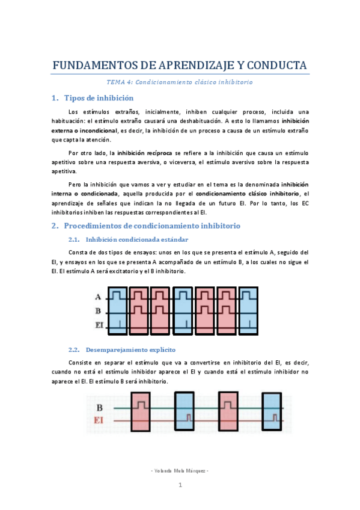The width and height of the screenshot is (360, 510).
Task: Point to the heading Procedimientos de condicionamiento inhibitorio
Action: pyautogui.click(x=152, y=226)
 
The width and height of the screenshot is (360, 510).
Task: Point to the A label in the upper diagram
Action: pyautogui.click(x=97, y=296)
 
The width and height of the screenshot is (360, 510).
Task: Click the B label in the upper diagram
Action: pyautogui.click(x=97, y=312)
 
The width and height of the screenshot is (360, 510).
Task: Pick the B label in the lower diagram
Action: pyautogui.click(x=99, y=408)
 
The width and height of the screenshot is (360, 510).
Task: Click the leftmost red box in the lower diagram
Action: pyautogui.click(x=141, y=410)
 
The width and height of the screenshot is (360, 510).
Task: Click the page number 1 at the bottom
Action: pyautogui.click(x=180, y=485)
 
